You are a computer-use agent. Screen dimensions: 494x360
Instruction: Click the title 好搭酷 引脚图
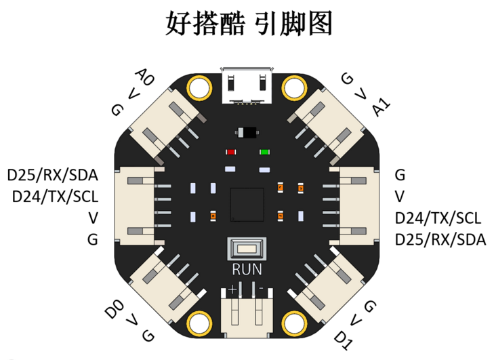click(249, 23)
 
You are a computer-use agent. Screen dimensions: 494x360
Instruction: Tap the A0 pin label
click(145, 77)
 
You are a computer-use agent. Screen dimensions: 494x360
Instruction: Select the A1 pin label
click(382, 107)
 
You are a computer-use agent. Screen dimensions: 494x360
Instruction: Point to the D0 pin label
click(115, 309)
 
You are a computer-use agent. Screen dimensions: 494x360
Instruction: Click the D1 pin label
click(343, 340)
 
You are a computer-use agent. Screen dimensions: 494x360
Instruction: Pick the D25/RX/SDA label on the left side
click(53, 176)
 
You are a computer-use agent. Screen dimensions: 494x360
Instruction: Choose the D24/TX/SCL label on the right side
click(438, 218)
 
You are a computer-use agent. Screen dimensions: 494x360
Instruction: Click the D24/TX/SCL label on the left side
click(55, 197)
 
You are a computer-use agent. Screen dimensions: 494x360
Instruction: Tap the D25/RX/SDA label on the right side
click(440, 239)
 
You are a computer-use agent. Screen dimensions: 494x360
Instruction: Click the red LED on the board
click(231, 153)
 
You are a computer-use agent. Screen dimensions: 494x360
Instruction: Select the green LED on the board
click(264, 153)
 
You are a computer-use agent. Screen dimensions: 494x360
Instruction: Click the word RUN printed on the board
click(247, 270)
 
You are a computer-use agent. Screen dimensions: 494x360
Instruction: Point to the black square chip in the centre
click(247, 205)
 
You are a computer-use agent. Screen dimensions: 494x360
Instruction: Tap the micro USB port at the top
click(247, 85)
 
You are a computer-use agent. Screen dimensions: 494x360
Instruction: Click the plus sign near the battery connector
click(232, 289)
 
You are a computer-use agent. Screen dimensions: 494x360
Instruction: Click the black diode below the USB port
click(247, 132)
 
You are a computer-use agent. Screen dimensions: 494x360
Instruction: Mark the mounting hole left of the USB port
click(199, 87)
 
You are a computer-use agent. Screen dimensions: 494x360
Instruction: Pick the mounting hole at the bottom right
click(294, 324)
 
